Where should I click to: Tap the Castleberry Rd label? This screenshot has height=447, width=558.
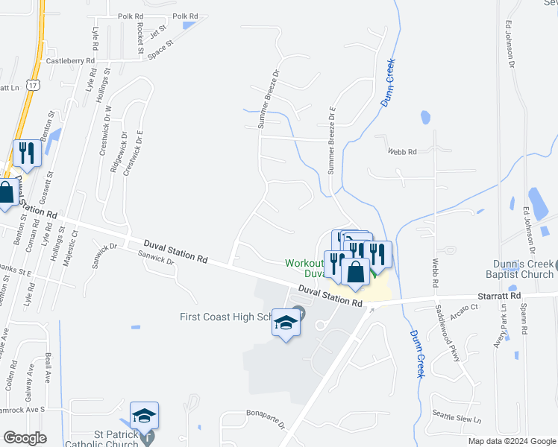click(x=71, y=61)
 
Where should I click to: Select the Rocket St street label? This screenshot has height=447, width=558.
click(x=139, y=37)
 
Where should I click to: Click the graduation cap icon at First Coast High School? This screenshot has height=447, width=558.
click(x=285, y=323)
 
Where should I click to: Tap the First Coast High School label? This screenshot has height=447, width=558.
click(x=225, y=317)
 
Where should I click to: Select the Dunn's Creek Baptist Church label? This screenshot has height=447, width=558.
click(x=523, y=269)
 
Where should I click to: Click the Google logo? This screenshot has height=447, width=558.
click(x=25, y=438)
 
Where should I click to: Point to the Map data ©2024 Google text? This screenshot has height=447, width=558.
click(x=511, y=441)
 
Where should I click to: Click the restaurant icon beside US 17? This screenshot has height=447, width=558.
click(x=27, y=153)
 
